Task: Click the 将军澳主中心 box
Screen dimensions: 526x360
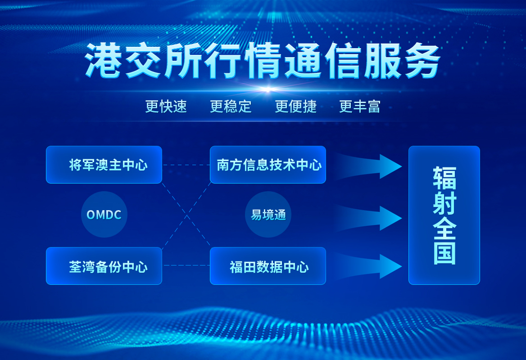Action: (x=104, y=165)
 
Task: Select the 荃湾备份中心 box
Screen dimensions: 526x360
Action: (x=104, y=266)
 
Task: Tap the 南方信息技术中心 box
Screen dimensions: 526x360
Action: (x=268, y=165)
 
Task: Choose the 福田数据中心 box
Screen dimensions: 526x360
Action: (x=268, y=266)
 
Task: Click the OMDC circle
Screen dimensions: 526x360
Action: (x=104, y=215)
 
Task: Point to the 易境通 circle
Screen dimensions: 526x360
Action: (x=268, y=215)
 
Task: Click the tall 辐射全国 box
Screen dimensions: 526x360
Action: (x=444, y=215)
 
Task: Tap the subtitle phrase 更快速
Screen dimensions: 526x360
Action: (x=166, y=107)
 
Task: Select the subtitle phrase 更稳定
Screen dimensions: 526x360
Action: (x=231, y=107)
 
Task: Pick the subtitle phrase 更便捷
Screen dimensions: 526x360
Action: (x=295, y=107)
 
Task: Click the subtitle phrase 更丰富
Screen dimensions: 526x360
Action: (x=360, y=107)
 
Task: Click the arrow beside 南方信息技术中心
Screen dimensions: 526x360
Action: (x=369, y=166)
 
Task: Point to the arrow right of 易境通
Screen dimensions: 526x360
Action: (x=369, y=218)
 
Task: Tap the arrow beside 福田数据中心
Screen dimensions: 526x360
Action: (x=369, y=266)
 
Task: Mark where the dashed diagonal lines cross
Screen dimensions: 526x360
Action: (x=186, y=215)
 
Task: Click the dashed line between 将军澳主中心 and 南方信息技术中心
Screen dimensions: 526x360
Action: (x=186, y=165)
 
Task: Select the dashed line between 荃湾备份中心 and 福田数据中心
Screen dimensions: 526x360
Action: (x=186, y=265)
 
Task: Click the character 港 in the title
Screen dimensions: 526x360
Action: (x=103, y=61)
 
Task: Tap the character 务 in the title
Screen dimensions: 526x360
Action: (x=422, y=61)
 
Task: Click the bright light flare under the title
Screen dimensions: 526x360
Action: (x=268, y=90)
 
